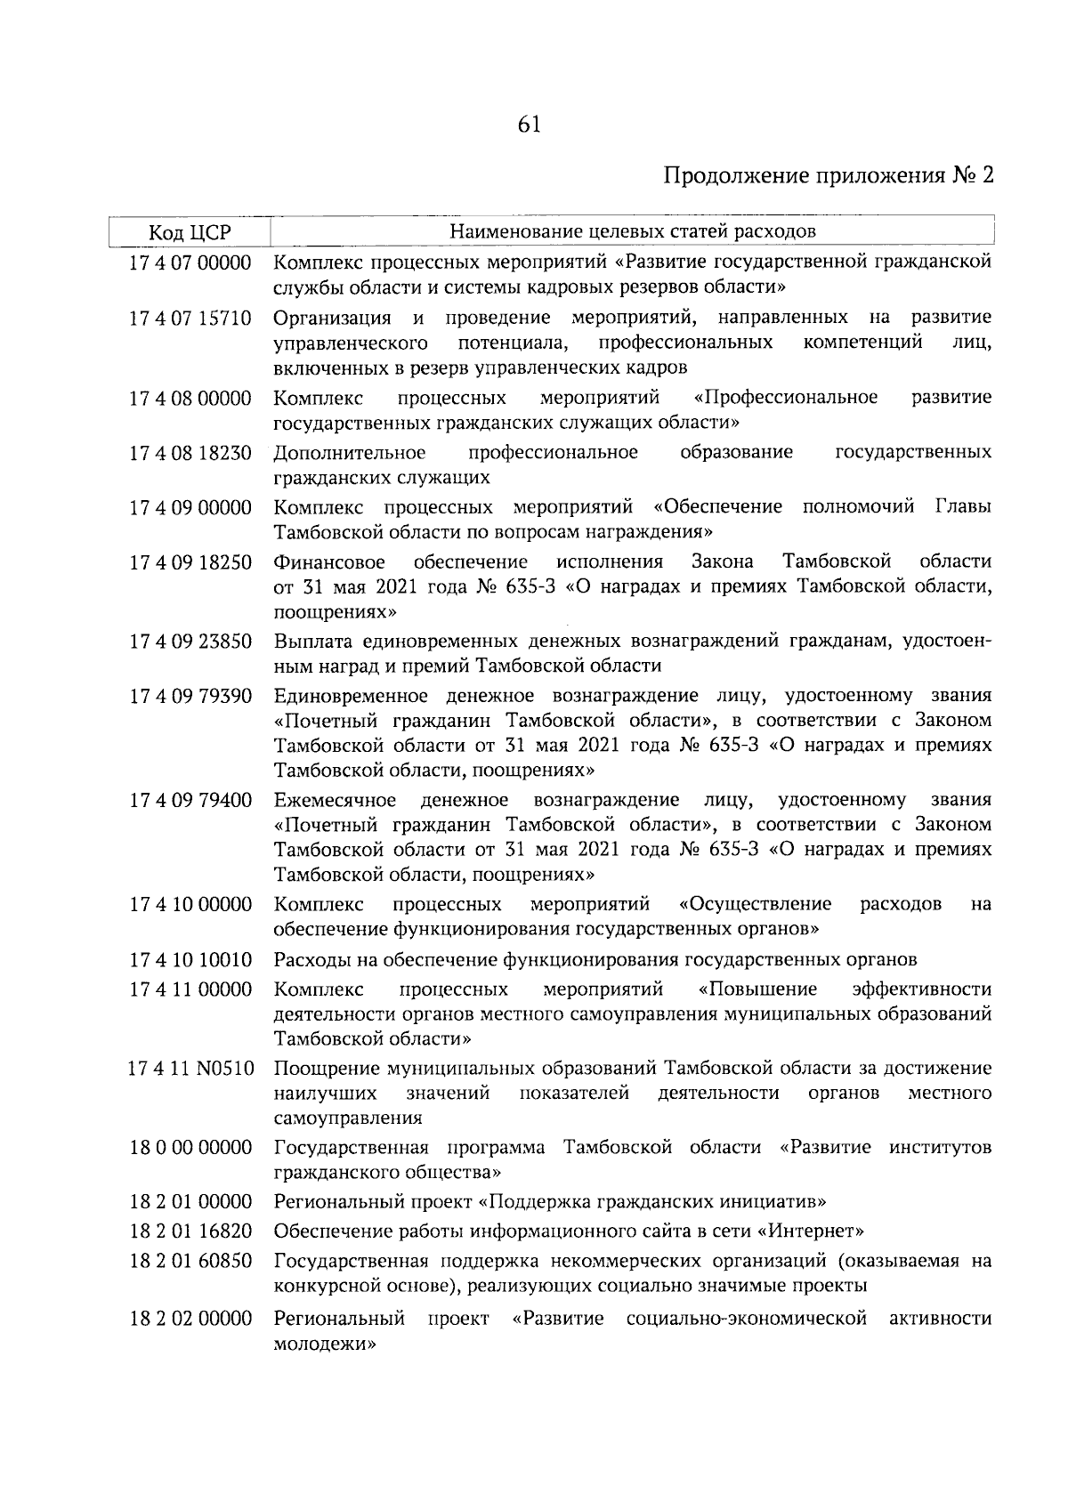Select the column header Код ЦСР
coord(190,233)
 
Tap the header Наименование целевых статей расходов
coord(632,232)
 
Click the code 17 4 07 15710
coord(190,318)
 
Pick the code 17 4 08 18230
coord(190,453)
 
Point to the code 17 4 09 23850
coord(190,641)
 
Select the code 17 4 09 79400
coord(190,800)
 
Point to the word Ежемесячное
coord(336,800)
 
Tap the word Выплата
coord(311,641)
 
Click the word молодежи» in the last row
coord(325,1345)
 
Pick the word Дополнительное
coord(350,453)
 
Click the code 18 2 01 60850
coord(190,1262)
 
